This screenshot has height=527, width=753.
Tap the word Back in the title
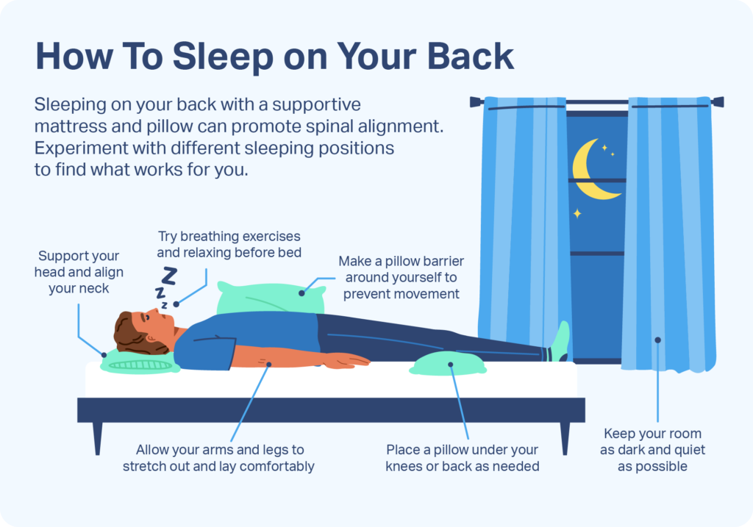tap(470, 57)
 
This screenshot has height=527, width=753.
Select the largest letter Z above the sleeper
tap(169, 276)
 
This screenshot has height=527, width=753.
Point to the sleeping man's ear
tap(151, 338)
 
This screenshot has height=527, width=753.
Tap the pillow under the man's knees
tap(448, 364)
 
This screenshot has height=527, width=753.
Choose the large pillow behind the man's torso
tap(271, 298)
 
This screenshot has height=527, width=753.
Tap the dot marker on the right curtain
tap(658, 340)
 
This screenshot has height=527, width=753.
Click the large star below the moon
tap(577, 213)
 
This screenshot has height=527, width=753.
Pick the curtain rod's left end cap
tap(477, 101)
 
